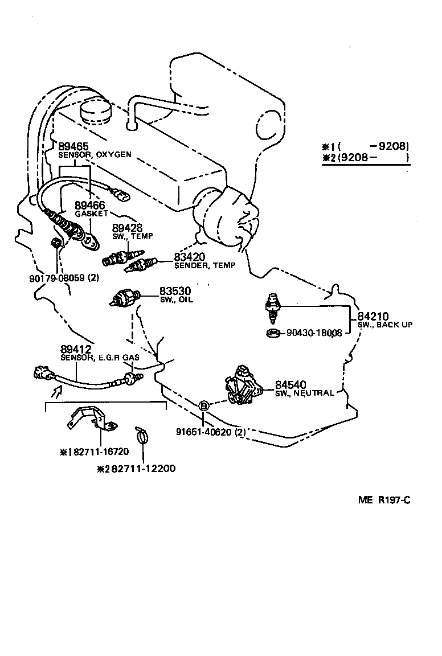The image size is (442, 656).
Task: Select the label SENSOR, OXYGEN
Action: tap(95, 154)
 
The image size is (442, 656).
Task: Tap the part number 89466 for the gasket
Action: tap(91, 206)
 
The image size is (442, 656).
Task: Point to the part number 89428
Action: tap(127, 228)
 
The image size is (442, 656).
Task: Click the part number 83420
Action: tap(190, 257)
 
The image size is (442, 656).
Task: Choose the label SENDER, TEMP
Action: tap(204, 265)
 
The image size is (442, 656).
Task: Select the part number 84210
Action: tap(373, 316)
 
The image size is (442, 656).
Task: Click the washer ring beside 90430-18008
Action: tap(273, 333)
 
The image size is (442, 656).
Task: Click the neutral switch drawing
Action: tap(243, 385)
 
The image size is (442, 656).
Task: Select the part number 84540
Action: tap(291, 385)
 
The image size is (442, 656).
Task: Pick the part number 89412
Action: tap(76, 348)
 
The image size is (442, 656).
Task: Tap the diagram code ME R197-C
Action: tap(384, 501)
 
